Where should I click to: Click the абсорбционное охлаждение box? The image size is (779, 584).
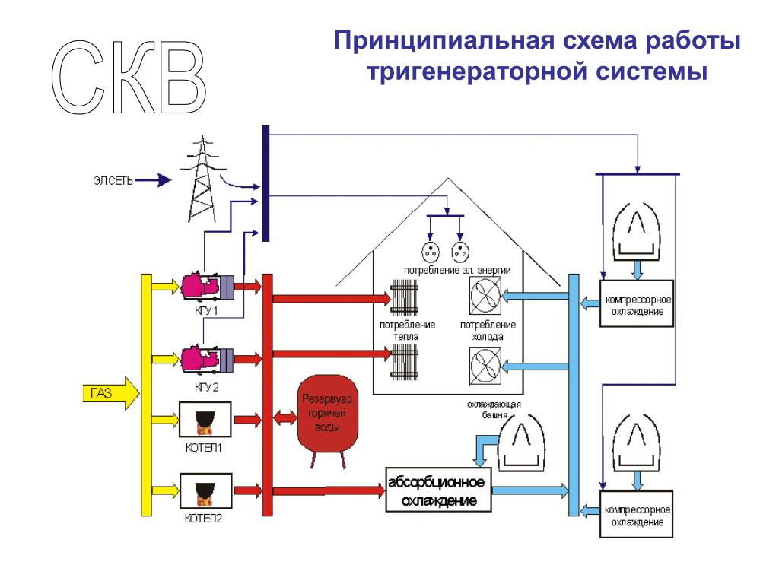click(x=437, y=491)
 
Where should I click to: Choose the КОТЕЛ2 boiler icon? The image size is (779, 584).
click(x=205, y=491)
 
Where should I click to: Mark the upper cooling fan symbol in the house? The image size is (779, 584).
click(x=485, y=295)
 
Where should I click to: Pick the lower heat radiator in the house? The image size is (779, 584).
click(x=403, y=365)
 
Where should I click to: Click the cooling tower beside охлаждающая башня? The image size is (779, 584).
click(x=521, y=441)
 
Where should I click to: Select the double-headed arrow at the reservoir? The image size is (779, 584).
click(x=286, y=417)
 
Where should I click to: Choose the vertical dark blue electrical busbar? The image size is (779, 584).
click(x=265, y=183)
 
